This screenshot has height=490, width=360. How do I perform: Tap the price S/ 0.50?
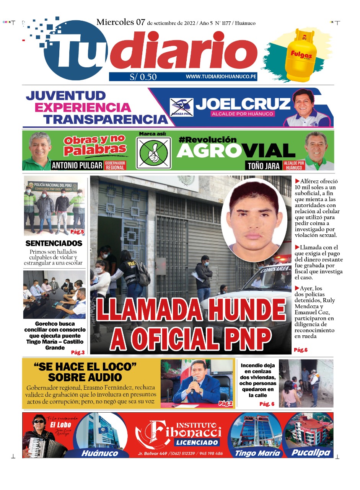143,77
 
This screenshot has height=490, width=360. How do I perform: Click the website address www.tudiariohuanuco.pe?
221,77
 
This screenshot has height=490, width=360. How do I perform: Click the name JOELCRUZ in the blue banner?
243,103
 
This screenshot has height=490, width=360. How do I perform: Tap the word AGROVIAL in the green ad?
236,151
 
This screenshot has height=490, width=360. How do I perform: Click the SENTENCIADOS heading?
54,243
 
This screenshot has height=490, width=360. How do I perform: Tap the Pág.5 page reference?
77,232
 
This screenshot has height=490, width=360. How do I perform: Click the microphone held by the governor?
194,381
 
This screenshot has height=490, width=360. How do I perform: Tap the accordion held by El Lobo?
40,446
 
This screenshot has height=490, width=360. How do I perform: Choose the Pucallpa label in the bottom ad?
311,453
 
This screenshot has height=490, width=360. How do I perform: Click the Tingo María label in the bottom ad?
257,453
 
